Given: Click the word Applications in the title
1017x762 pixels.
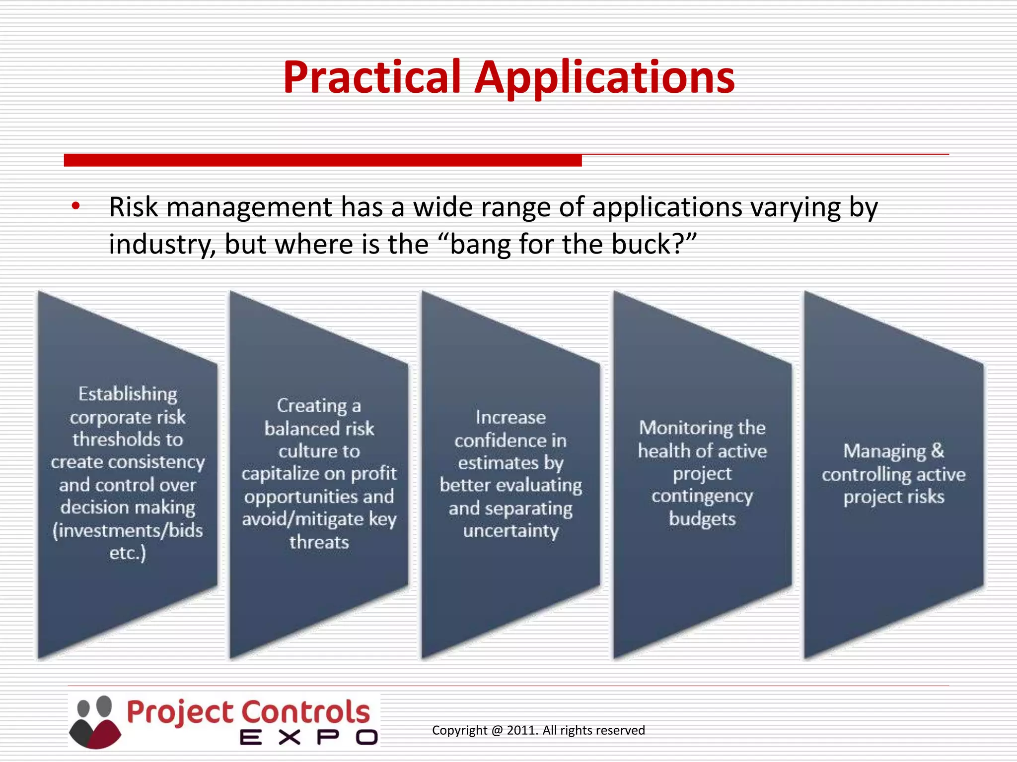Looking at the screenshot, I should click(x=604, y=78).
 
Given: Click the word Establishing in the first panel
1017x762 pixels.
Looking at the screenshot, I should click(x=128, y=394).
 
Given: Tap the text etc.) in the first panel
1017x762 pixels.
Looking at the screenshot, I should click(x=128, y=553).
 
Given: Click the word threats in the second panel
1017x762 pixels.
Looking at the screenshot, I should click(x=319, y=542).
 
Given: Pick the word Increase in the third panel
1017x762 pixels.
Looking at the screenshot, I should click(x=510, y=417).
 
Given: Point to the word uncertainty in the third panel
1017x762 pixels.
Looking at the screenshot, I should click(x=510, y=531).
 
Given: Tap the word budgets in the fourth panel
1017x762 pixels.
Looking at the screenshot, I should click(x=702, y=519).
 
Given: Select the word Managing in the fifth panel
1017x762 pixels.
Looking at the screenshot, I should click(x=884, y=451).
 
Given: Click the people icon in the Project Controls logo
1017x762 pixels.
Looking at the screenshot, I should click(x=95, y=721).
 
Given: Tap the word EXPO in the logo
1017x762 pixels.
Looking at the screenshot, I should click(x=308, y=737).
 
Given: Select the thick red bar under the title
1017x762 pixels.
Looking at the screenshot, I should click(x=323, y=160).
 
